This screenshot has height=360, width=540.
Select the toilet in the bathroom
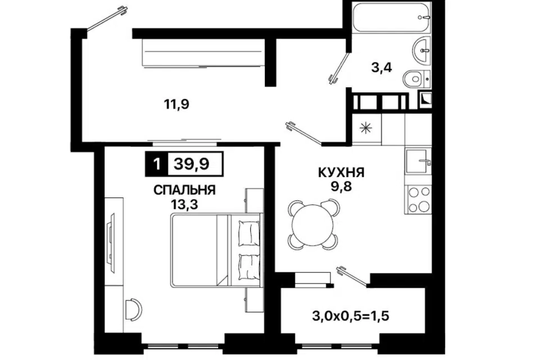tap(417, 78)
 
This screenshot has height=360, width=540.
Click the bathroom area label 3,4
tap(381, 69)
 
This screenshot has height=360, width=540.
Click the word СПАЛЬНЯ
tap(185, 190)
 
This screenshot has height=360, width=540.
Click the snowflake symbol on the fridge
tap(366, 128)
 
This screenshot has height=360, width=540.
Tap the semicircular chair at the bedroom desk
tap(133, 308)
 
